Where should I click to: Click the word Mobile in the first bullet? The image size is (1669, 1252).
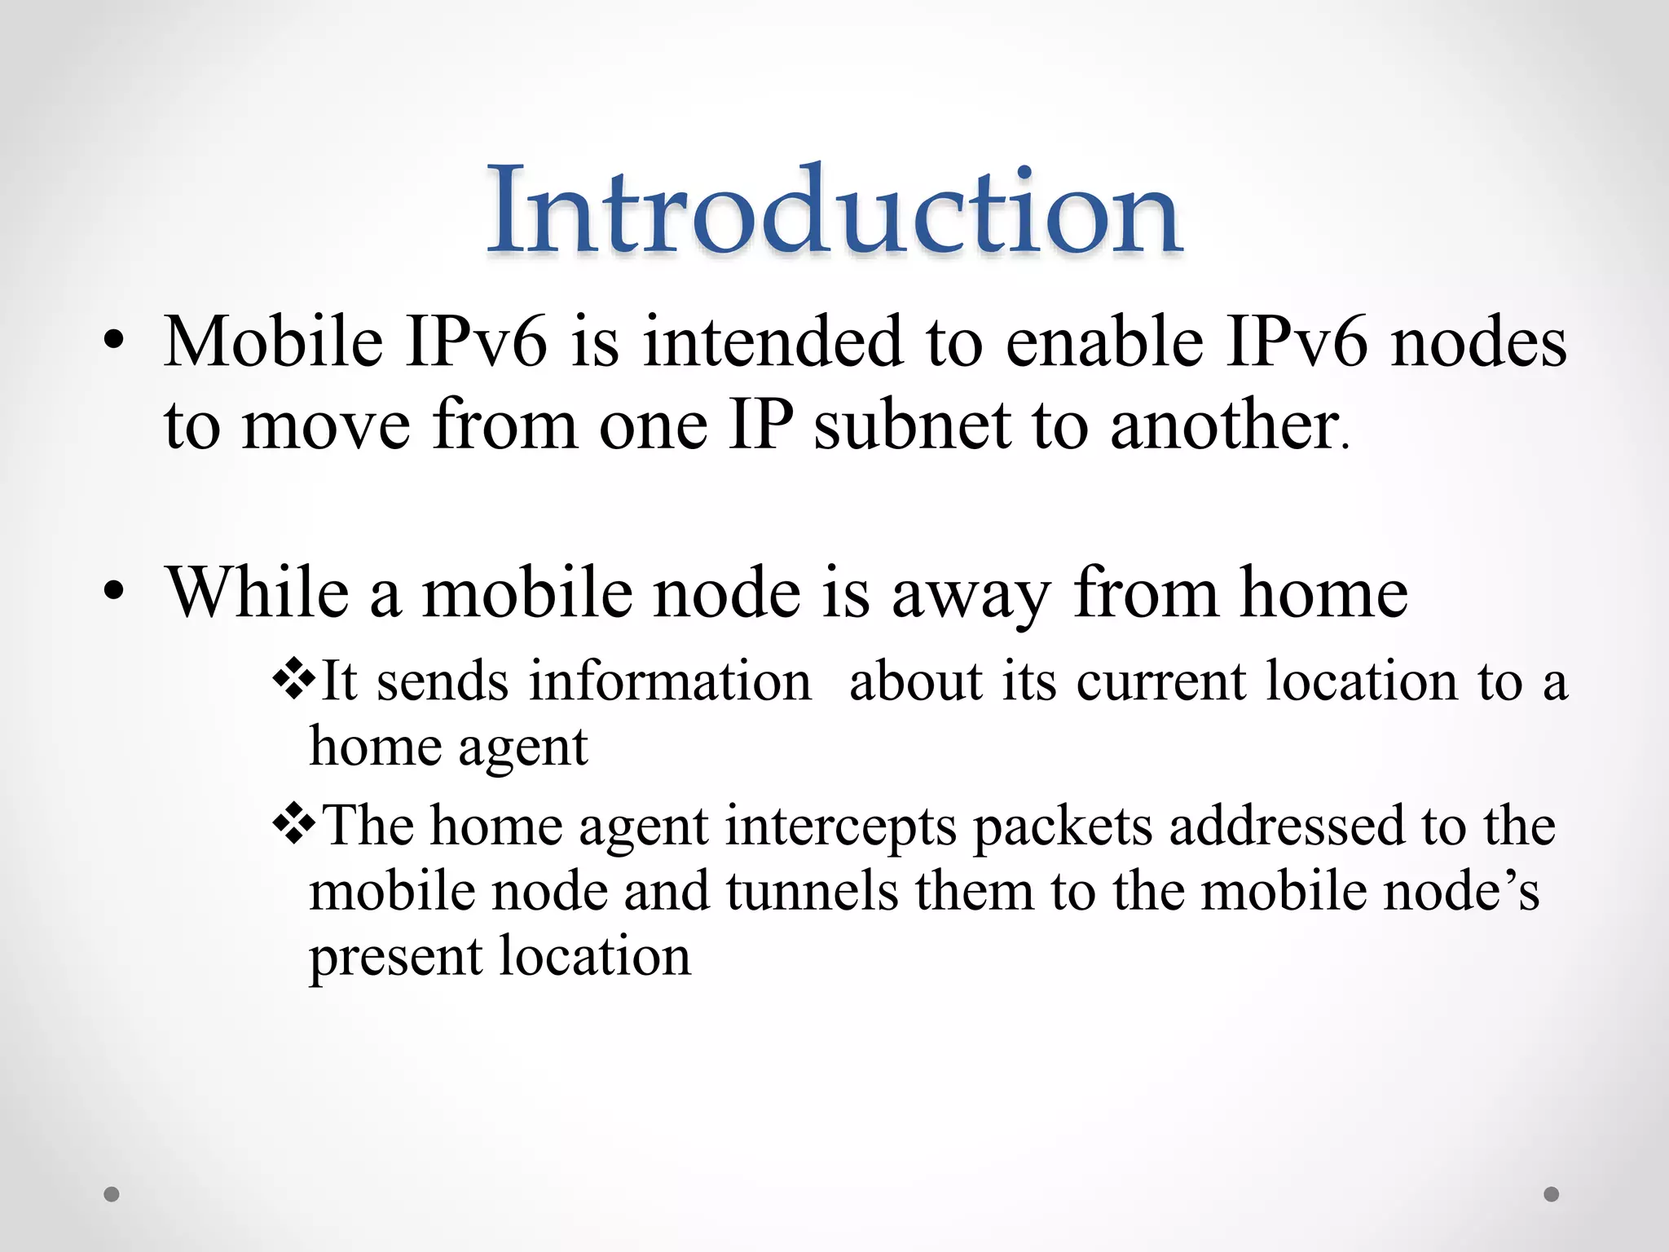tap(273, 342)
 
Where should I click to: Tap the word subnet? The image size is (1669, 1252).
tap(912, 425)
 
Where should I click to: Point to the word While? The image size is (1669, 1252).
tap(258, 593)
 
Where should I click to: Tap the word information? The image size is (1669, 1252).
tap(670, 681)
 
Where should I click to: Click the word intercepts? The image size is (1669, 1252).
tap(840, 827)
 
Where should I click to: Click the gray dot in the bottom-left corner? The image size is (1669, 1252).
tap(112, 1194)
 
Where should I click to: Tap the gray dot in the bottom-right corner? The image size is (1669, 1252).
tap(1552, 1194)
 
